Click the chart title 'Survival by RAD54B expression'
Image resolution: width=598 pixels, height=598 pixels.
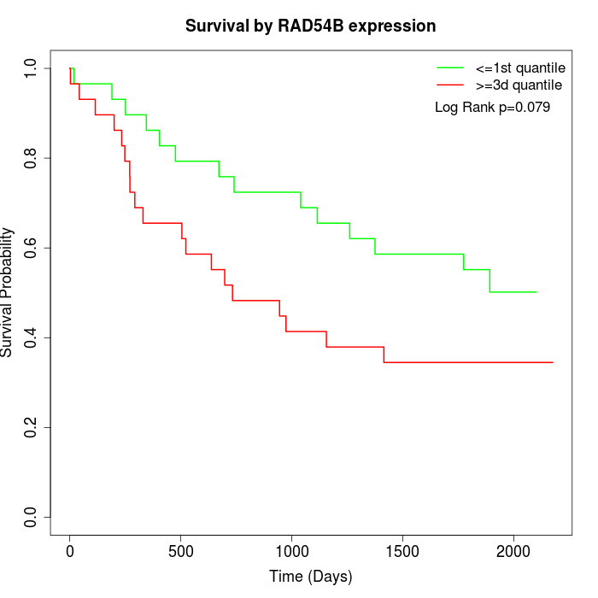pos(311,26)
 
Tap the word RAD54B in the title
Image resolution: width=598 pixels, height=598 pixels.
pos(306,26)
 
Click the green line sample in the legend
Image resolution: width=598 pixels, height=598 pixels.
pos(450,67)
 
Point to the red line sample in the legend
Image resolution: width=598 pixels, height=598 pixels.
pos(450,85)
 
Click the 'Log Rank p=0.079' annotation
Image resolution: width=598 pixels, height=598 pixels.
pos(492,108)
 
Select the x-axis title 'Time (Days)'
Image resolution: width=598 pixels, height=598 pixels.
pos(311,577)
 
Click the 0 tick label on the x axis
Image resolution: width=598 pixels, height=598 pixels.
pos(70,551)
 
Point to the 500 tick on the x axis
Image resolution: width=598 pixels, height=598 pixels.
pos(181,551)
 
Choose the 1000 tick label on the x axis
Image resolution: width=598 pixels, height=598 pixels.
pos(291,551)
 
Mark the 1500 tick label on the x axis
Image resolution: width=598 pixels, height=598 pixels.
pos(402,551)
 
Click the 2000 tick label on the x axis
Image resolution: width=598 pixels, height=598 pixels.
pos(513,551)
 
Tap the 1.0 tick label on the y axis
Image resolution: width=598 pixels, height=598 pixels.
pos(31,68)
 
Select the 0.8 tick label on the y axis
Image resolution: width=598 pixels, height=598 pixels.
pos(31,158)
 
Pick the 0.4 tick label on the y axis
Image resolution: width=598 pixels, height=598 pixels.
pos(31,337)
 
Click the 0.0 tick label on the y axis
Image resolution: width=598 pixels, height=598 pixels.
pos(31,517)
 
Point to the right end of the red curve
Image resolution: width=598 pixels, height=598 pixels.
pos(553,362)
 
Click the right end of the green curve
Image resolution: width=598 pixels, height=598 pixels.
pos(536,292)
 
